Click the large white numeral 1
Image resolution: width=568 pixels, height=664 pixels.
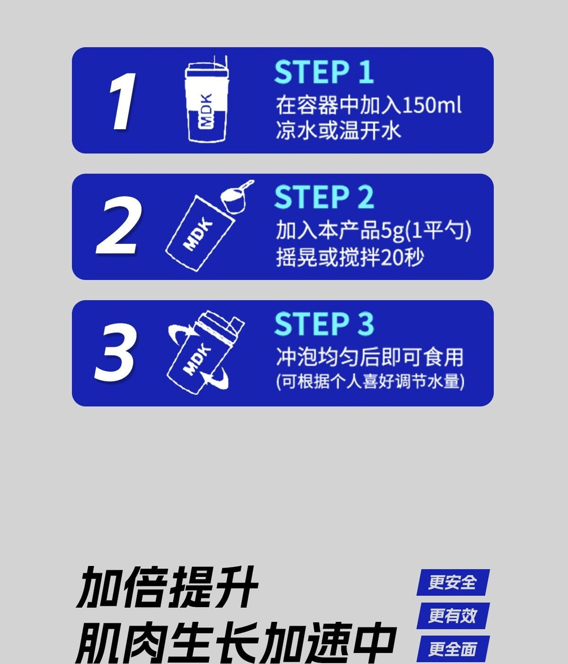click(x=123, y=101)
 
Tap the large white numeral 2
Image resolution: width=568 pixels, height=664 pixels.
click(x=119, y=225)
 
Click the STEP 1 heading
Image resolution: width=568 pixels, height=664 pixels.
click(x=324, y=72)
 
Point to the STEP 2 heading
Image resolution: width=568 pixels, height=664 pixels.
click(x=324, y=197)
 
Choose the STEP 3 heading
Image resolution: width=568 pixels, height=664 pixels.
click(x=324, y=324)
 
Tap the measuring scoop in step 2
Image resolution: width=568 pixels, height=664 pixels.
click(x=236, y=197)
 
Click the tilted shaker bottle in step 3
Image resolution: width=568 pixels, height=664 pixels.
click(x=205, y=352)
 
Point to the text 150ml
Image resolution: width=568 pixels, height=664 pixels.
click(x=432, y=105)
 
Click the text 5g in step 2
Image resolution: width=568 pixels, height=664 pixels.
click(x=392, y=231)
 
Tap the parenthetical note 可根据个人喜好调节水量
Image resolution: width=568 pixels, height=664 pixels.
click(x=370, y=382)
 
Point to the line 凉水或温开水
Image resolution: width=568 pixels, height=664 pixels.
click(x=338, y=131)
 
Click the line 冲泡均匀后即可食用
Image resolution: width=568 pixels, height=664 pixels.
click(x=370, y=357)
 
